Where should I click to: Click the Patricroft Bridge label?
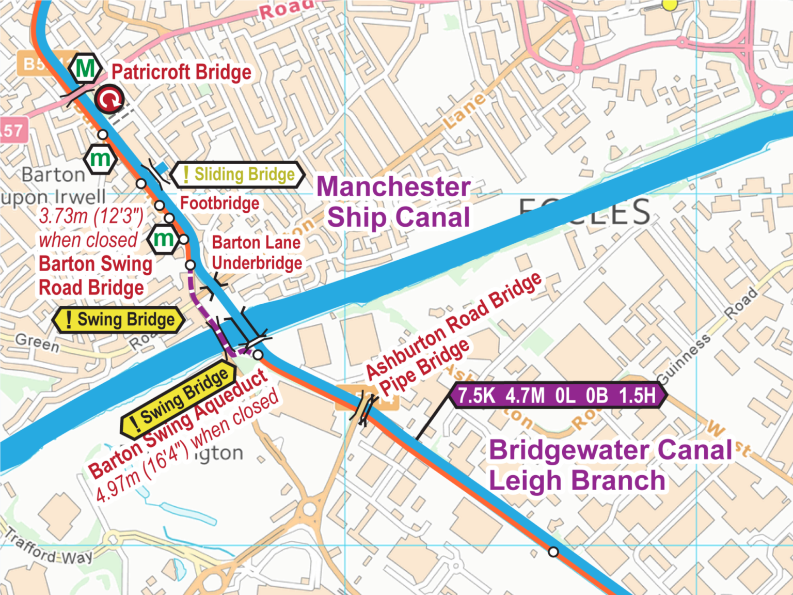point(181,72)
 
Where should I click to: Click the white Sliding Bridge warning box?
point(238,175)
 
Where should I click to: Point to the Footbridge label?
point(219,203)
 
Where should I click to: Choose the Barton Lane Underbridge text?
point(257,253)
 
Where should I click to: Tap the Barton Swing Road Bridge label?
point(95,276)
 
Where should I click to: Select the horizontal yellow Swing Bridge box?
point(119,320)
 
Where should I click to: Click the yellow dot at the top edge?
point(670,5)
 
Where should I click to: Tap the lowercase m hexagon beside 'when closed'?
point(164,239)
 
